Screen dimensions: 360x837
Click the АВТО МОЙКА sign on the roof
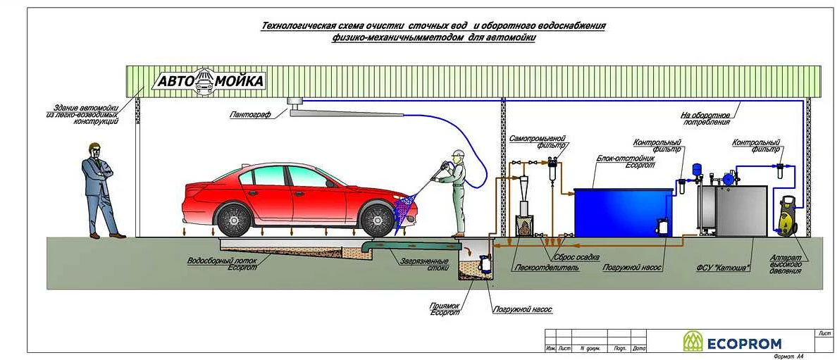[x=210, y=81]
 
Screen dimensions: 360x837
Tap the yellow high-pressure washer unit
[x=786, y=216]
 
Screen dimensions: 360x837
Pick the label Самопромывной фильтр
[x=538, y=142]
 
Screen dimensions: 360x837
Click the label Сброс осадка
[x=576, y=257]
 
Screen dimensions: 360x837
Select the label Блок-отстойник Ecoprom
[x=626, y=161]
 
